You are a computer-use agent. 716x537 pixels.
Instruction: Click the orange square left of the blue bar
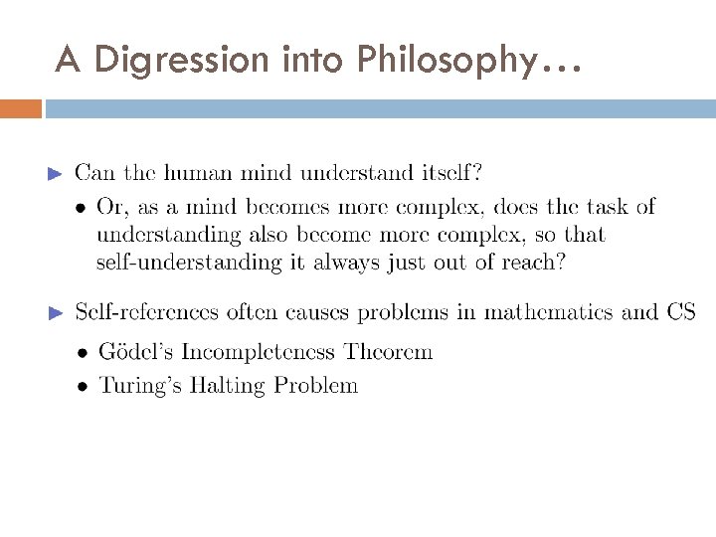pos(21,108)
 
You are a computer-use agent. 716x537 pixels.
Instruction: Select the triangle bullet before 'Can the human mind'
pos(56,174)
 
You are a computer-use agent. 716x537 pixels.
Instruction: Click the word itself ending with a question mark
pos(447,173)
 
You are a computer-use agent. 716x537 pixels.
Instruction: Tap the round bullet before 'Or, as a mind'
pos(82,208)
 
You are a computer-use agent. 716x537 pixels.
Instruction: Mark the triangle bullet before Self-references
pos(56,313)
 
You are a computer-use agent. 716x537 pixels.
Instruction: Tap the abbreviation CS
pos(681,312)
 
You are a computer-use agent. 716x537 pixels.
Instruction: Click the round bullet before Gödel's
pos(82,353)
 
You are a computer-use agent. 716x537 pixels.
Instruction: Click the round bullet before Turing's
pos(82,386)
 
